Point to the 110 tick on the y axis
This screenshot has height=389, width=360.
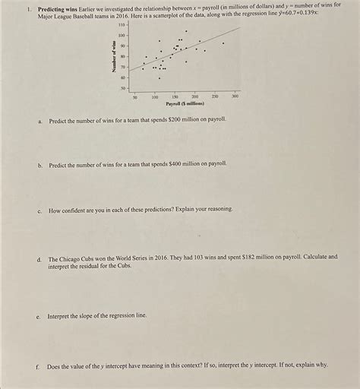pos(122,25)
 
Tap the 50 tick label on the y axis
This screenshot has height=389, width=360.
pos(123,89)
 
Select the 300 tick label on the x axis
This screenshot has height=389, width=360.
pos(235,97)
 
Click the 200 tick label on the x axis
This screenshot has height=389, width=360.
pos(195,97)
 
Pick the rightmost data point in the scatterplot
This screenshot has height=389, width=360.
pos(223,43)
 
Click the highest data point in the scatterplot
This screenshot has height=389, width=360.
pos(186,31)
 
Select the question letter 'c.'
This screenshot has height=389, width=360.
pos(39,209)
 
